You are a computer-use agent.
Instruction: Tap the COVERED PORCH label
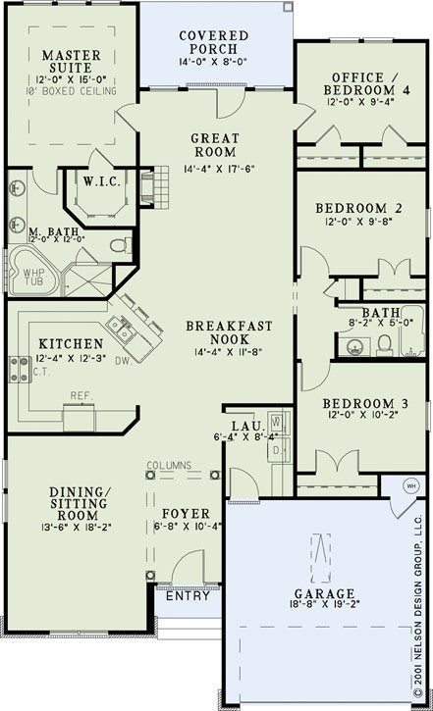tap(213, 43)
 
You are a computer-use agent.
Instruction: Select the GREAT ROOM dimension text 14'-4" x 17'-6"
tap(213, 168)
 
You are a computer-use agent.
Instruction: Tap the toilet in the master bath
tap(120, 244)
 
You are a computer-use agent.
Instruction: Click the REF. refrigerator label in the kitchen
tap(81, 396)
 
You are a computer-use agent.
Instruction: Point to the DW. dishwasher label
tap(150, 361)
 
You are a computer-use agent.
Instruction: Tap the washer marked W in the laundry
tap(276, 423)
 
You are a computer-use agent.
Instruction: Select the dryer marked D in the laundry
tap(276, 449)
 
